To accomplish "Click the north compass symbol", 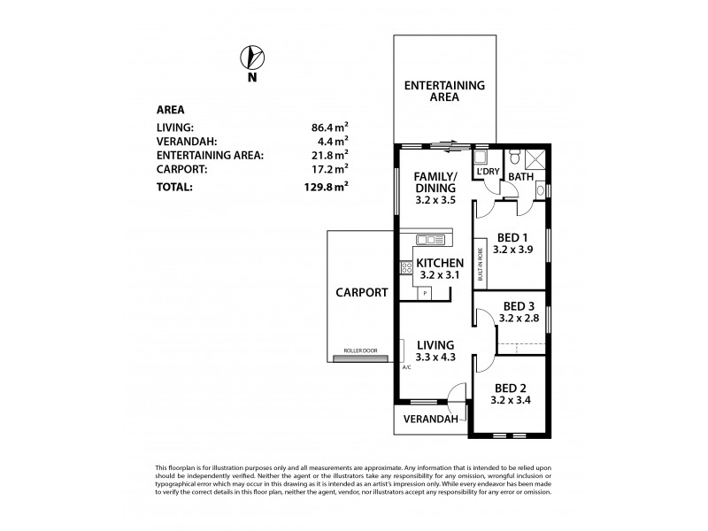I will (x=252, y=58).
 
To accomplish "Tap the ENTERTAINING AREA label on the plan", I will (x=444, y=91).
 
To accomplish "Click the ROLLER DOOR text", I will (x=355, y=352).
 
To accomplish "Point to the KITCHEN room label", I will (x=440, y=263).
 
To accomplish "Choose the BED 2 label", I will (x=511, y=389).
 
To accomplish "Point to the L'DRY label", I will (x=488, y=171).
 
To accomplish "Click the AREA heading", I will (x=170, y=111).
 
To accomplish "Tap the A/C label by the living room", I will (x=407, y=367).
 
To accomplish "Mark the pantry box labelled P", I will (x=426, y=293).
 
